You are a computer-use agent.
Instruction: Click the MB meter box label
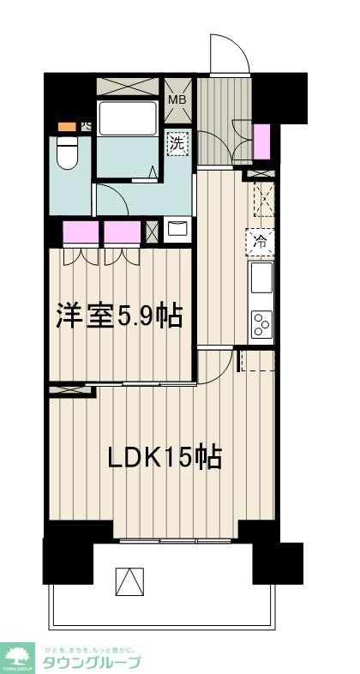pos(177,99)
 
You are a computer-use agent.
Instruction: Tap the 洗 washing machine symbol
pos(176,142)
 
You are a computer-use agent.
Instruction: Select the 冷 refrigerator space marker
pos(260,242)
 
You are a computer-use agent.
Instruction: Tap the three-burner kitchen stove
pos(261,324)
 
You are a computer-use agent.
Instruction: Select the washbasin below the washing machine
pos(178,230)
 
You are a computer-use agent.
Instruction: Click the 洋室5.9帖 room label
pos(118,316)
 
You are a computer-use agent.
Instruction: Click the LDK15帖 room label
pos(164,457)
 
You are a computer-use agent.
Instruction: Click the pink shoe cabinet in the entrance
pos(262,141)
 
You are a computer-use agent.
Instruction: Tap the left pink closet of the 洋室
pos(81,232)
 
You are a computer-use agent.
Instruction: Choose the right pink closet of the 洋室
pos(123,232)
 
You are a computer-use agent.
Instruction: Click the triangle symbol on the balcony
pos(128,582)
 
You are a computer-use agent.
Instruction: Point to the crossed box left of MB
pos(129,87)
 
